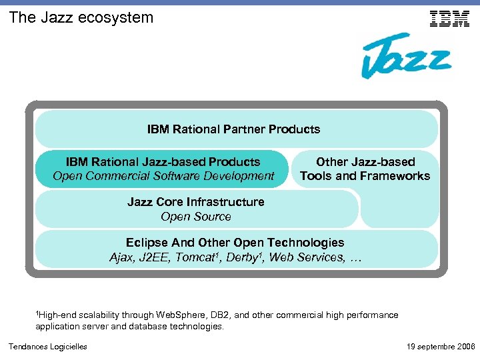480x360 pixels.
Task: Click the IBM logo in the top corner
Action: coord(450,19)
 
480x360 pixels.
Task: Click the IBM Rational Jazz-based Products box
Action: coord(163,169)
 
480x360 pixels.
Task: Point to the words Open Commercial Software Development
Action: coord(163,177)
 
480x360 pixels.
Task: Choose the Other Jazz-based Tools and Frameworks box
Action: coord(365,169)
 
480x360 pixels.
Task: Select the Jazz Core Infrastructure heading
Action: coord(196,202)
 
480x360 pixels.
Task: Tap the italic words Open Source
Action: coord(196,217)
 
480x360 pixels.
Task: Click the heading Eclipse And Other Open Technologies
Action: coord(235,243)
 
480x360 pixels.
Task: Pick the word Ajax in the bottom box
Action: coord(123,258)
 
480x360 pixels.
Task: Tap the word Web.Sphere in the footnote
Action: coord(181,315)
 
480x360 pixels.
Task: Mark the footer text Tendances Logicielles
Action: coord(47,347)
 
